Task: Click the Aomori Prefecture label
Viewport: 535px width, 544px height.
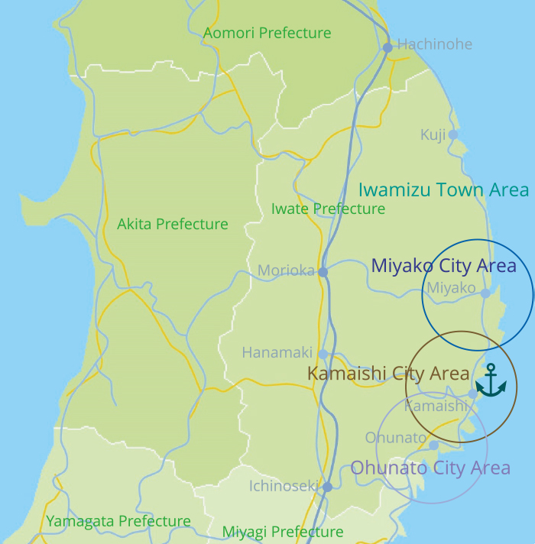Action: tap(267, 33)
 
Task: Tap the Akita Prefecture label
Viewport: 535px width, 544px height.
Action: tap(172, 224)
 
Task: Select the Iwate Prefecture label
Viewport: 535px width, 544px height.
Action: tap(328, 209)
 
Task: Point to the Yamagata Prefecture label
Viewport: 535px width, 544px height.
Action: tap(118, 521)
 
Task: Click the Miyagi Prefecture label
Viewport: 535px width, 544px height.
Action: tap(282, 531)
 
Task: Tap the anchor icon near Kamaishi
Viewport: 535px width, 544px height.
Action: tap(491, 380)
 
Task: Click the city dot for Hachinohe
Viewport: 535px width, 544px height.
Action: tap(387, 47)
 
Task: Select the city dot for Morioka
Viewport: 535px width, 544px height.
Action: tap(323, 271)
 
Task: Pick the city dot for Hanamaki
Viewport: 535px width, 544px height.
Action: tap(323, 354)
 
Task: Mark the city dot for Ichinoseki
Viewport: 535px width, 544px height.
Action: tap(327, 487)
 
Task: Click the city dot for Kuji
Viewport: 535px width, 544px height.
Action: tap(452, 134)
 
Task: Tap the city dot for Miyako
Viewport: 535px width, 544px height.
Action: tap(485, 293)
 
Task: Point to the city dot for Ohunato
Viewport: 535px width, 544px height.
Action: tap(433, 445)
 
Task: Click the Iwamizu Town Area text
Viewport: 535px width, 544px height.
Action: tap(443, 189)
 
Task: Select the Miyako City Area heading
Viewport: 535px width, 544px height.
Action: tap(443, 266)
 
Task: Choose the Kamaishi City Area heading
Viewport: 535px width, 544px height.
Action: tap(387, 374)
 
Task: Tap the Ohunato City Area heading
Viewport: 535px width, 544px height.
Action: tap(430, 468)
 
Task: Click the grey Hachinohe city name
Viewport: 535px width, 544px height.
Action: tap(434, 44)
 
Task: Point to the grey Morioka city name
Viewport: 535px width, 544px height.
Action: tap(285, 270)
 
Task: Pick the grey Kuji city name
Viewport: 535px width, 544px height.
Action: tap(433, 134)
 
